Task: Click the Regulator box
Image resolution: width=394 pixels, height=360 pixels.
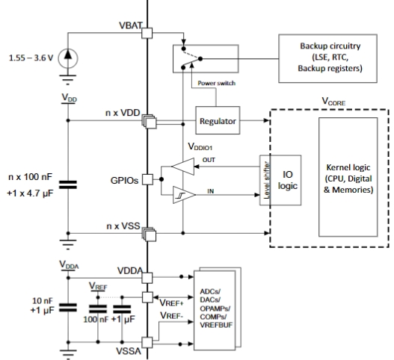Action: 218,120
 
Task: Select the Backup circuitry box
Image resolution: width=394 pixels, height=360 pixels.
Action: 327,58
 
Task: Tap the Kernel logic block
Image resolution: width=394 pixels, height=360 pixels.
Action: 348,177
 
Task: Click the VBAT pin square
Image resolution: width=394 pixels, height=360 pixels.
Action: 147,33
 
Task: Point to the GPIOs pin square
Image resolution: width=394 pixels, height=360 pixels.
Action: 147,179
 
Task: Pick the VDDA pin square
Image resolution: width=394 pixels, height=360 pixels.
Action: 147,278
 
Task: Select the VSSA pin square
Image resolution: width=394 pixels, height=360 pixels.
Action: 147,342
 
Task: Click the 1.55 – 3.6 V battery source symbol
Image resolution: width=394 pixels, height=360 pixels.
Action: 68,58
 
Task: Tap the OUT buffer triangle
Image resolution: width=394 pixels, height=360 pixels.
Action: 183,167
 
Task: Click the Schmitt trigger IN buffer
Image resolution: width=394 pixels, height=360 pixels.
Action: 184,195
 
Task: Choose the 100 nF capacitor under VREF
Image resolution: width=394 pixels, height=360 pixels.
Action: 98,309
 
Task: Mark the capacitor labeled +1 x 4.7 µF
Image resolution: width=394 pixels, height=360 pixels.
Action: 68,184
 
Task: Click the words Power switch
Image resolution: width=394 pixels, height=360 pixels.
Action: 216,83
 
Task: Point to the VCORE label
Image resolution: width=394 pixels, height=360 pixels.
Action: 333,101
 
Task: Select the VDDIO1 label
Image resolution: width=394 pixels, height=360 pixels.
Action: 200,146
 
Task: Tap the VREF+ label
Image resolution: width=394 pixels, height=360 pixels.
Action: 172,303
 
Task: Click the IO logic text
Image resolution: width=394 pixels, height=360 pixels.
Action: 287,180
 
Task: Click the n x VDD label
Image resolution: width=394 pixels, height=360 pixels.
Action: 123,113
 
